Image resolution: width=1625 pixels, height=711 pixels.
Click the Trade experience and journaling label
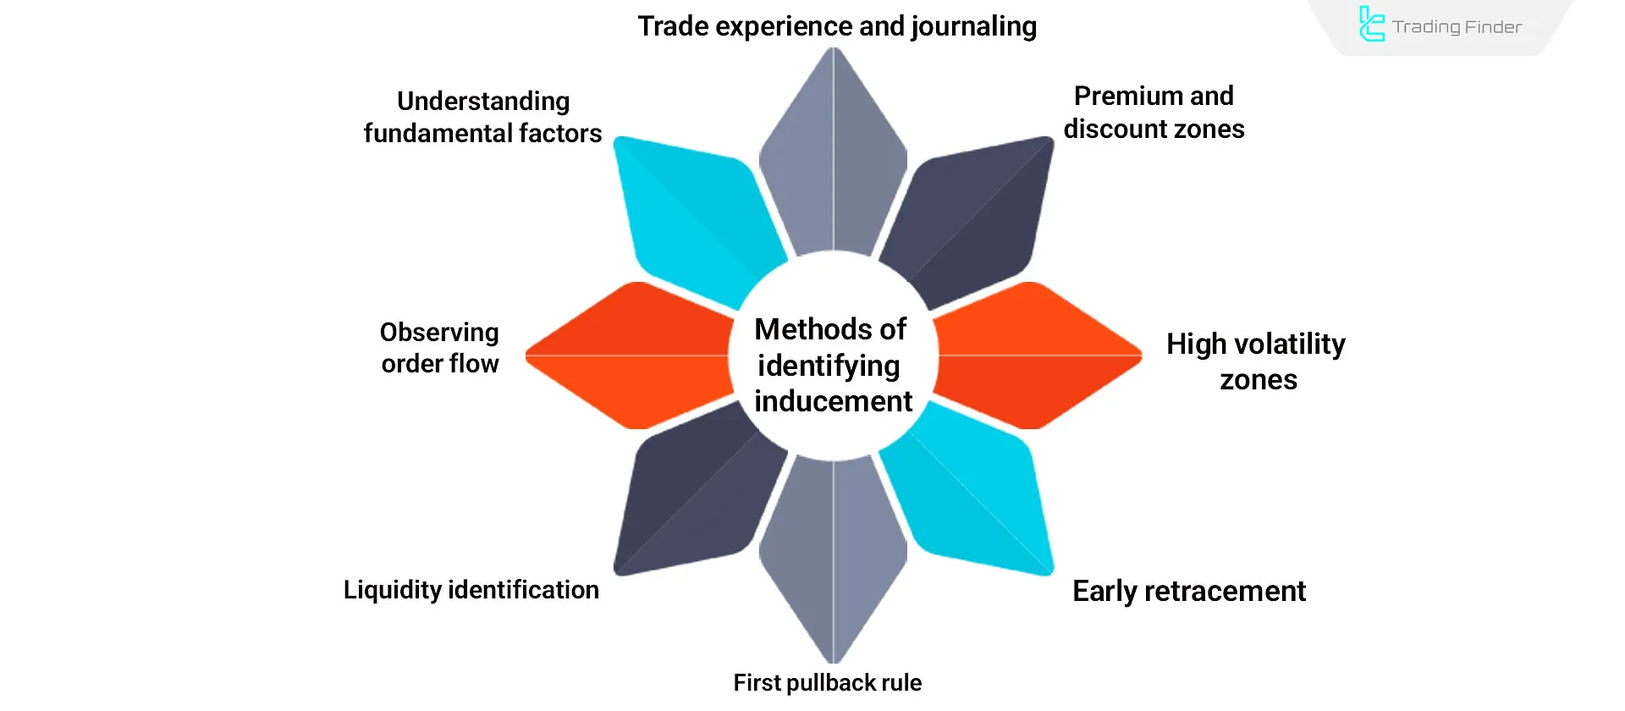coord(836,26)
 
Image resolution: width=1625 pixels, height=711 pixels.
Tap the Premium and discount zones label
coord(1154,112)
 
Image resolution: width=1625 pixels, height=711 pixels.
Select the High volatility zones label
coord(1256,361)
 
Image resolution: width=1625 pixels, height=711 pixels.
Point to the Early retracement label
coord(1188,591)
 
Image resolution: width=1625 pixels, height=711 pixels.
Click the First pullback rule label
coord(827,682)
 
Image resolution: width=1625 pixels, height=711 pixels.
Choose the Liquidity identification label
coord(471,589)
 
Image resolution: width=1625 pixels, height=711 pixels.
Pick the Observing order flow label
coord(439,347)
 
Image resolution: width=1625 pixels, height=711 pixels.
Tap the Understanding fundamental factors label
coord(482,117)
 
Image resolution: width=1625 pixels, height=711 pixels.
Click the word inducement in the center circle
coord(833,401)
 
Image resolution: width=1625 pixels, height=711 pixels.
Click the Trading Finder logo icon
coord(1371,25)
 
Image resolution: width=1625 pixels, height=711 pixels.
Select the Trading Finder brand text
coord(1457,27)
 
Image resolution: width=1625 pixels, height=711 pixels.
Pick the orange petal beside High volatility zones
coord(1037,355)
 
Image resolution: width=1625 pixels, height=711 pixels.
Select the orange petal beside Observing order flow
coord(631,355)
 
